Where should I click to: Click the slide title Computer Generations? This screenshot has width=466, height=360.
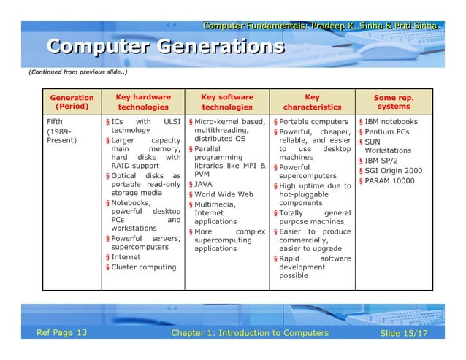point(166,47)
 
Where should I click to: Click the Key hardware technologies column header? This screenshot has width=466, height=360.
point(143,102)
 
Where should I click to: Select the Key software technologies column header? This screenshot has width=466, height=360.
point(226,102)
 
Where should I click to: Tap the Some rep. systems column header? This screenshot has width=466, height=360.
point(394,102)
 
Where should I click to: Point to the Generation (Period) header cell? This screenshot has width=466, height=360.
point(72,102)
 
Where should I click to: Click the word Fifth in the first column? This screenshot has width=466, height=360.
point(56,121)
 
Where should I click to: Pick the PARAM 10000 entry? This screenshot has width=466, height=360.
point(390,181)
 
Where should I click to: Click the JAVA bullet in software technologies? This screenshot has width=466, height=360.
point(203,185)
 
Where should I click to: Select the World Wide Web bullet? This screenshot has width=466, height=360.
point(224,195)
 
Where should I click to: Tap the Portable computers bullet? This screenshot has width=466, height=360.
point(313,121)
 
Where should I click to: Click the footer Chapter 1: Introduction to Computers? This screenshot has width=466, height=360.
point(249,334)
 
